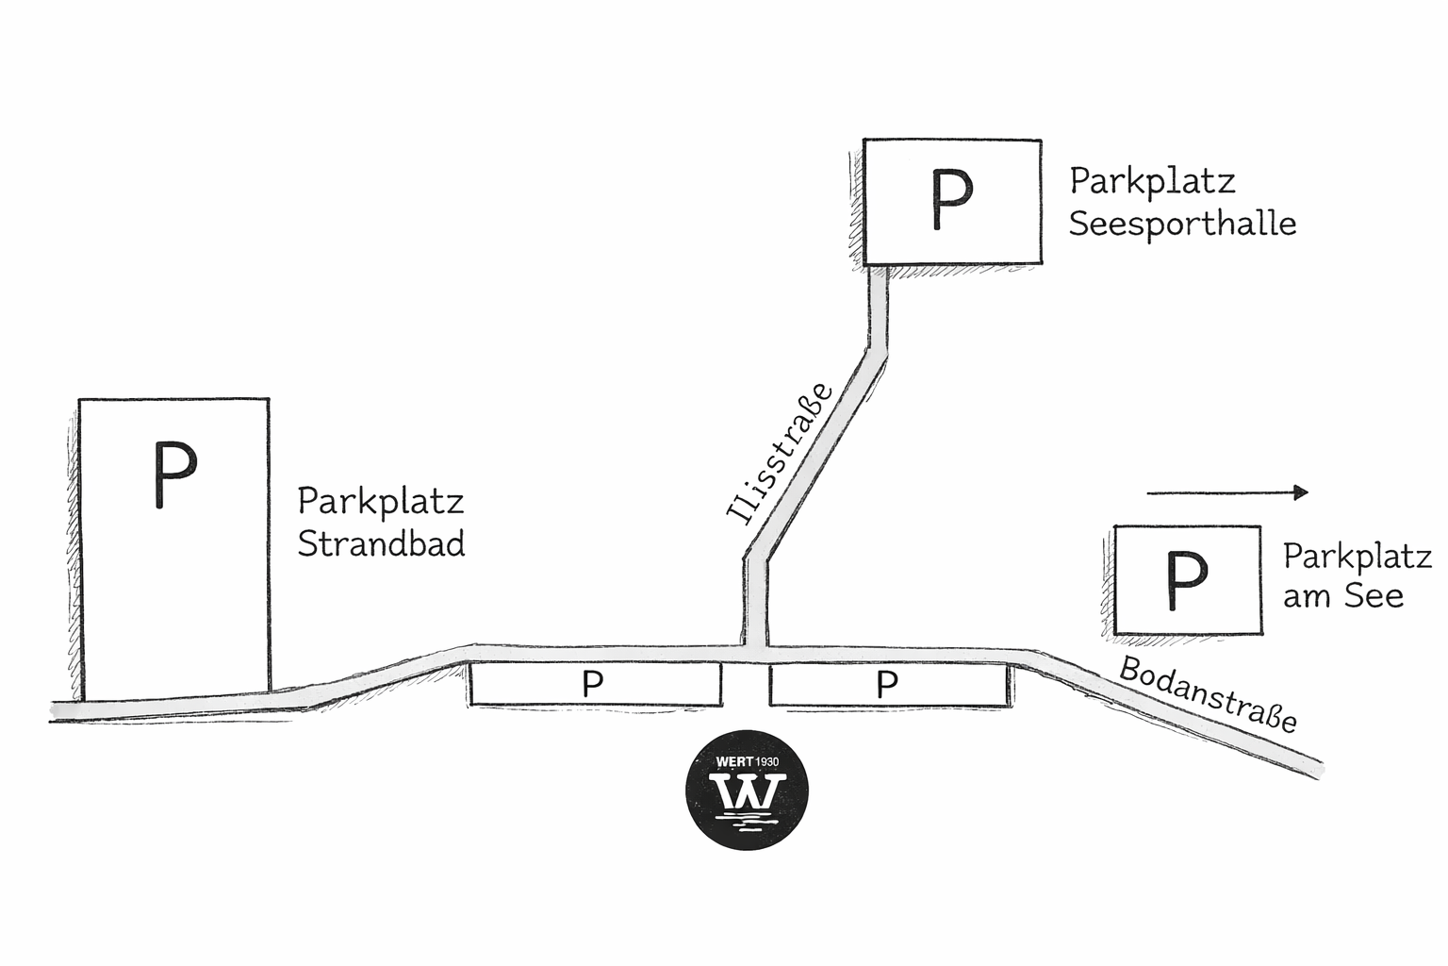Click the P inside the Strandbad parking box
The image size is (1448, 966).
click(x=175, y=475)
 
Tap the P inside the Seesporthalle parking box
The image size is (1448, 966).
click(x=951, y=199)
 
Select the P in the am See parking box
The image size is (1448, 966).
click(x=1187, y=580)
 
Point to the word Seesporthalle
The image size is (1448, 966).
click(x=1182, y=225)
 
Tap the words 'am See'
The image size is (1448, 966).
click(x=1343, y=596)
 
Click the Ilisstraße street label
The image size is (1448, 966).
click(x=780, y=453)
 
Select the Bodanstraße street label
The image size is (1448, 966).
click(x=1208, y=695)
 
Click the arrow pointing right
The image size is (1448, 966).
click(x=1227, y=493)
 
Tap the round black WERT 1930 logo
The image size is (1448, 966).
click(x=747, y=791)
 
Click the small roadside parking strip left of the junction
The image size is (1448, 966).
click(x=596, y=684)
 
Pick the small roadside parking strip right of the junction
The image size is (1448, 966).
click(x=889, y=684)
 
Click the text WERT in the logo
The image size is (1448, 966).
click(x=735, y=762)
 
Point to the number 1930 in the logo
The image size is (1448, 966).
click(x=767, y=762)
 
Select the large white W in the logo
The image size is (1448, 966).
click(x=748, y=791)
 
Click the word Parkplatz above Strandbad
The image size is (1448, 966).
click(x=381, y=503)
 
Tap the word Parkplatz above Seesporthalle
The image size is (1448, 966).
click(x=1153, y=182)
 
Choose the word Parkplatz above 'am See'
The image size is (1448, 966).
click(x=1357, y=558)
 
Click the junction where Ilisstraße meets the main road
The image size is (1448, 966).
click(x=755, y=654)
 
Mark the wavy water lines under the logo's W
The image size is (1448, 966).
click(x=748, y=822)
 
